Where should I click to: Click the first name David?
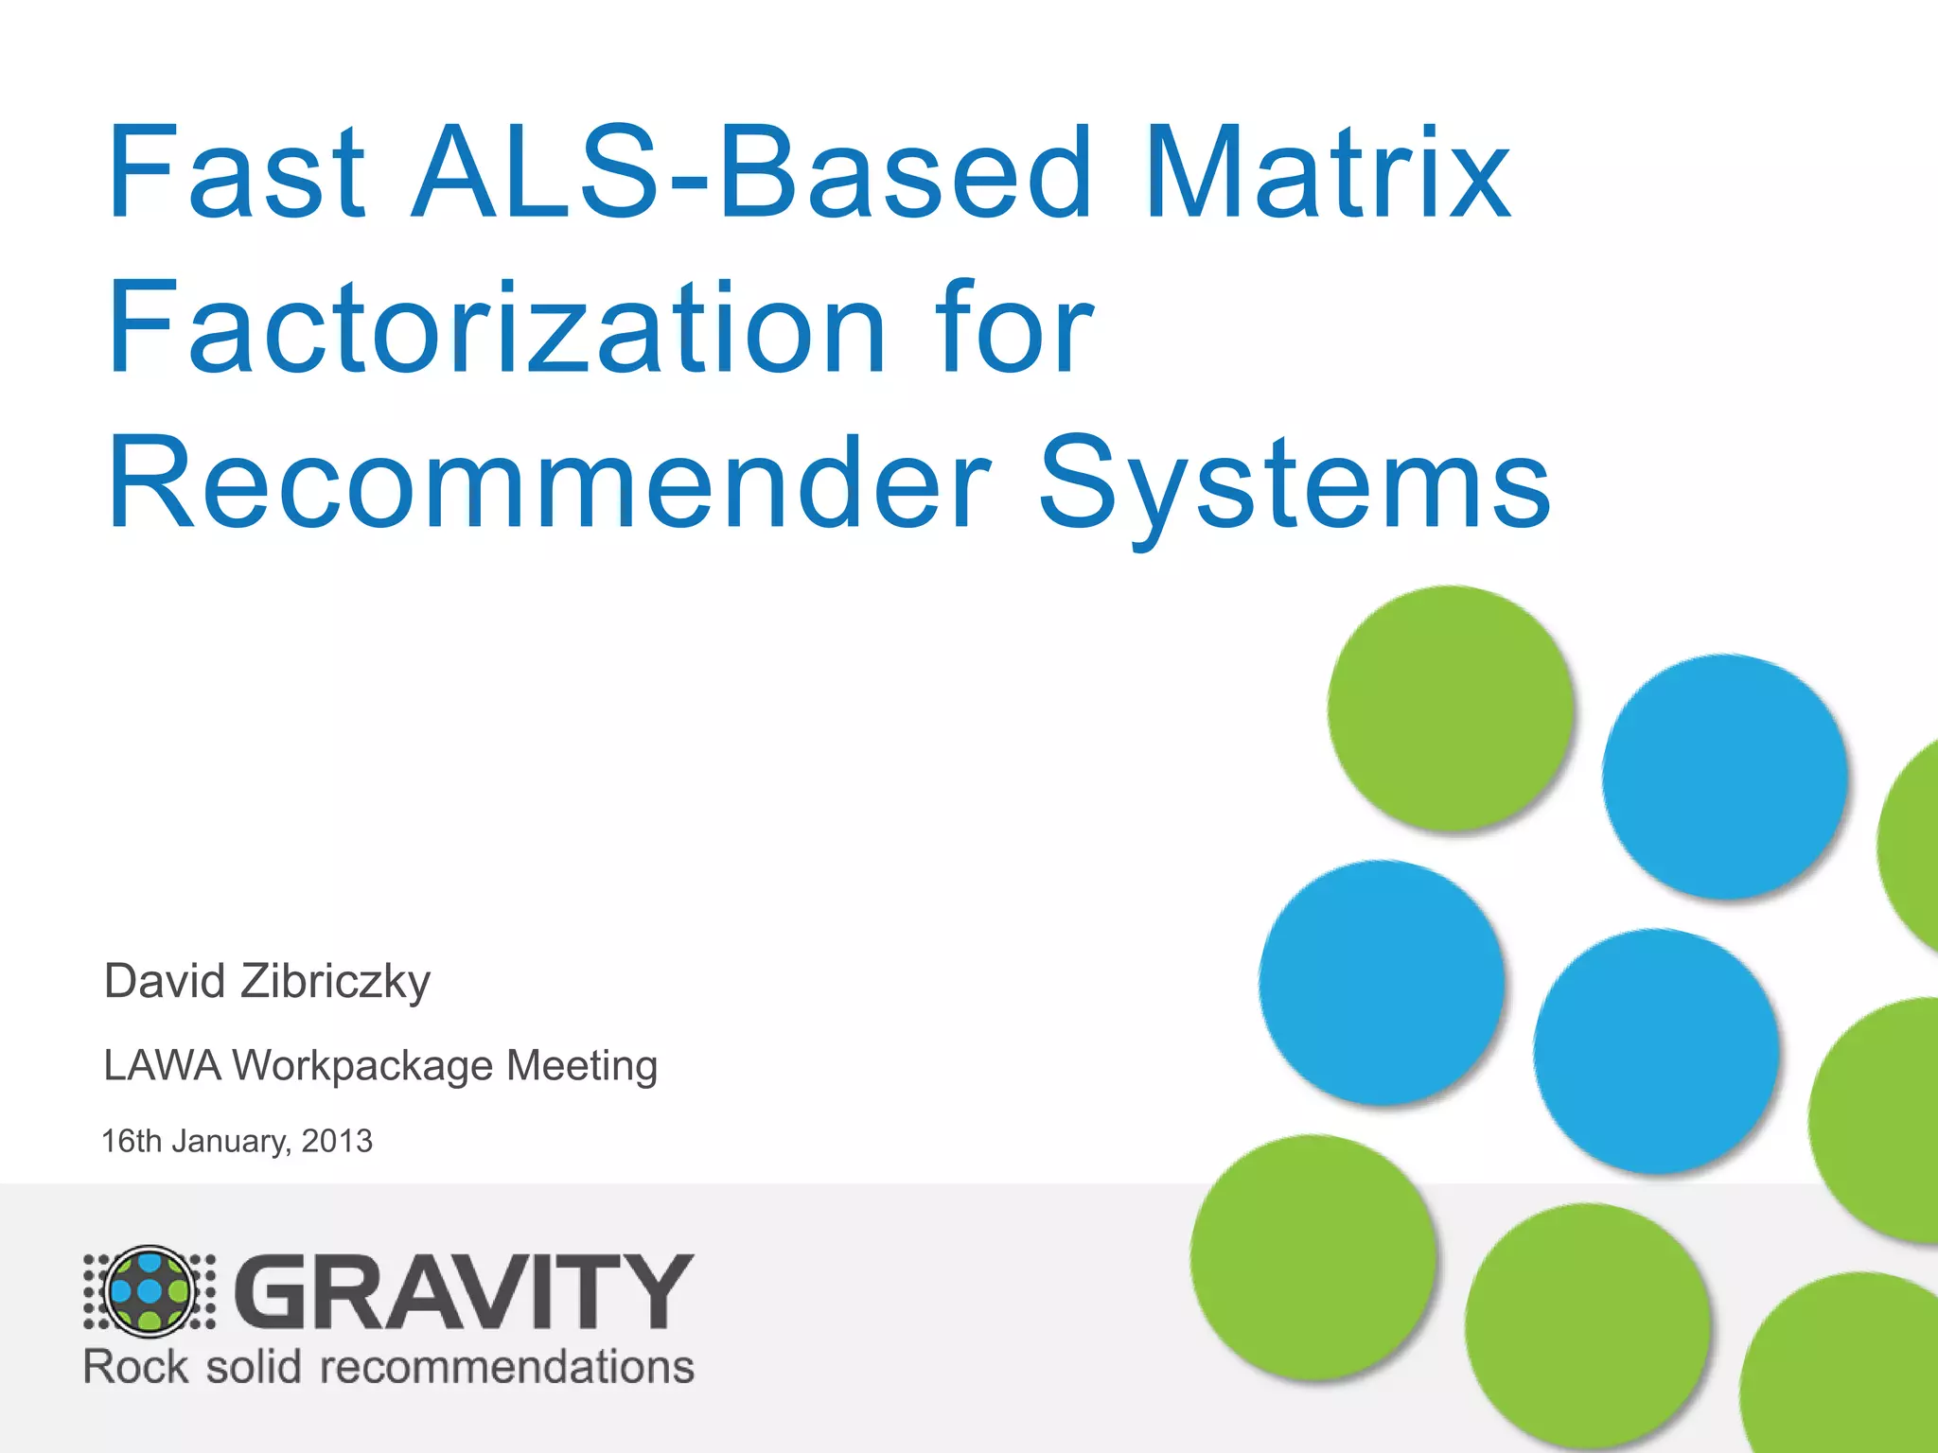tap(165, 980)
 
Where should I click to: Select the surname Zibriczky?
tap(335, 982)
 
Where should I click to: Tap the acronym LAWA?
tap(162, 1065)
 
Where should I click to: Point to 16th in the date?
tap(132, 1141)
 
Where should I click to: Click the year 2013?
tap(337, 1141)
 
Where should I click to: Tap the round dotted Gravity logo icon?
tap(150, 1291)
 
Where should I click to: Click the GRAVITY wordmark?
tap(464, 1291)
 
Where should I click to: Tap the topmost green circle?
tap(1450, 708)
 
